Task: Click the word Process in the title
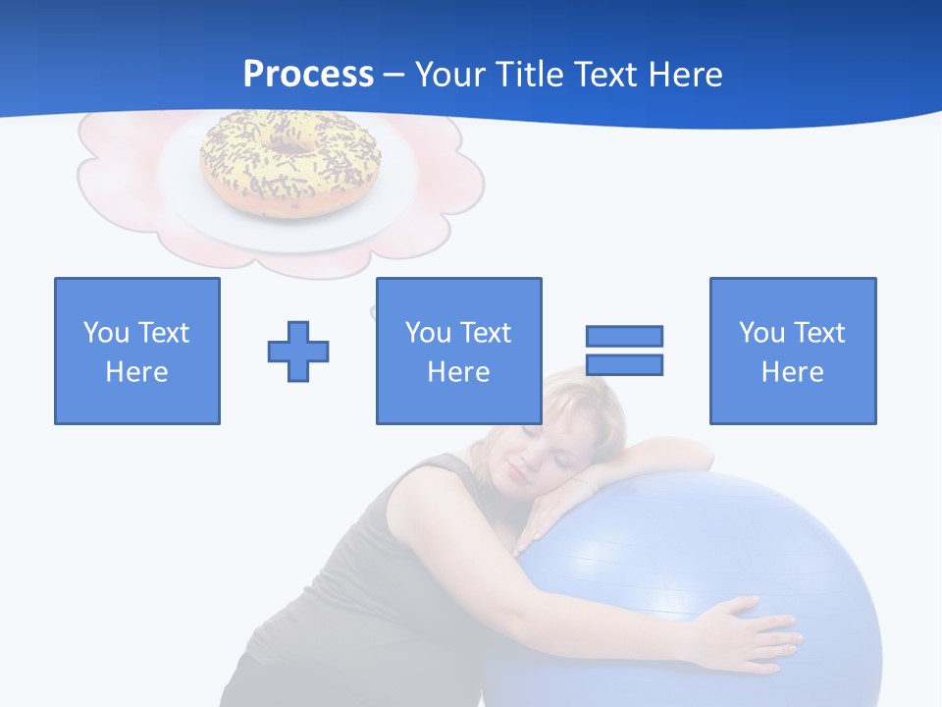point(308,74)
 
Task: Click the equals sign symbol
point(624,351)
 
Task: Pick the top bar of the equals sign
point(624,336)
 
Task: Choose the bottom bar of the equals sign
point(624,364)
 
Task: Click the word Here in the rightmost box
point(793,372)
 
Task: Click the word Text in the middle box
point(486,333)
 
